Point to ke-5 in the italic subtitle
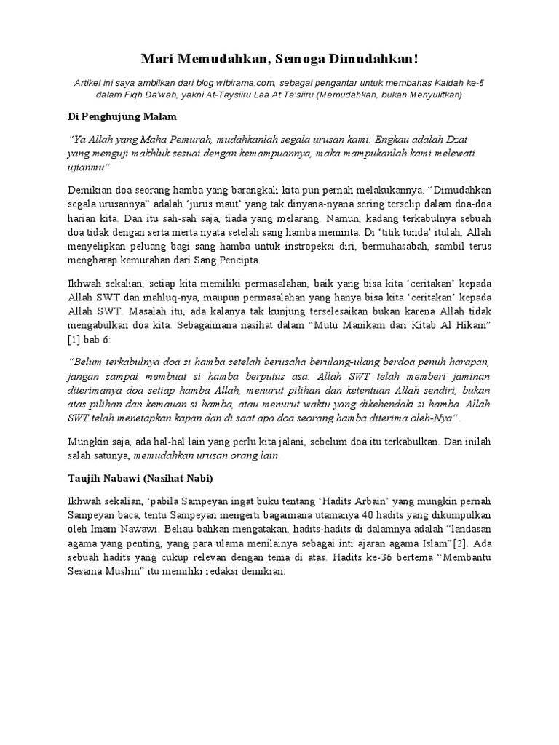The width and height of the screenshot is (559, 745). coord(472,83)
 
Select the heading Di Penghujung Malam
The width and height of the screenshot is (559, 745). coord(117,116)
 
